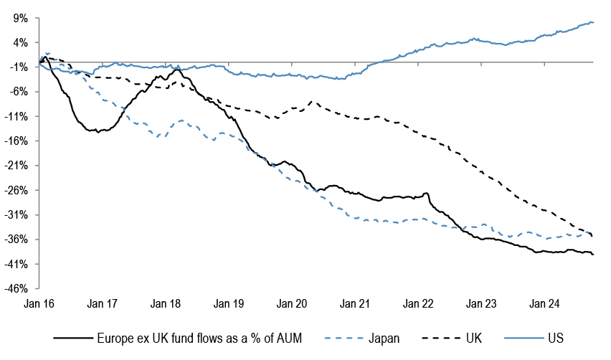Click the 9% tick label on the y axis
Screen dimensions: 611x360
click(x=21, y=19)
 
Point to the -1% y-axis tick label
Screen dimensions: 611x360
click(x=19, y=67)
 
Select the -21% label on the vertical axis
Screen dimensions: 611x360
click(x=16, y=166)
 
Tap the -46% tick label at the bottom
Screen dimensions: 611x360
click(x=16, y=289)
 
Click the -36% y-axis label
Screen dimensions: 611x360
click(x=16, y=240)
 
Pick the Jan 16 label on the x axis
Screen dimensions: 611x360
click(x=39, y=303)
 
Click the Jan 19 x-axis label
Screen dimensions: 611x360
click(x=228, y=303)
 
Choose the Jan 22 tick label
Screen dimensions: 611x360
click(x=418, y=303)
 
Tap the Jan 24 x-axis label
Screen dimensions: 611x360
click(x=544, y=303)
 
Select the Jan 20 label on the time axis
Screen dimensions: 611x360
click(x=292, y=303)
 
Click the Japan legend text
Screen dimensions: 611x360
click(x=384, y=338)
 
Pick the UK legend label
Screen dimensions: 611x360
click(x=474, y=338)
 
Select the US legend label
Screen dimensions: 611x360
click(x=556, y=338)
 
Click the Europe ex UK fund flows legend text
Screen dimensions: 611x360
click(x=199, y=338)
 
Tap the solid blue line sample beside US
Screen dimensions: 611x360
click(x=524, y=338)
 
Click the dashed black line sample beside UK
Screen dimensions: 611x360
click(x=442, y=338)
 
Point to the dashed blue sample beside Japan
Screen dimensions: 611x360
click(x=344, y=338)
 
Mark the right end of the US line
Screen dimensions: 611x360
click(x=593, y=22)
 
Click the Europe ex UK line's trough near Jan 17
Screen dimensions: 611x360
click(x=98, y=132)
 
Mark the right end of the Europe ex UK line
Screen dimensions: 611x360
click(x=593, y=255)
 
